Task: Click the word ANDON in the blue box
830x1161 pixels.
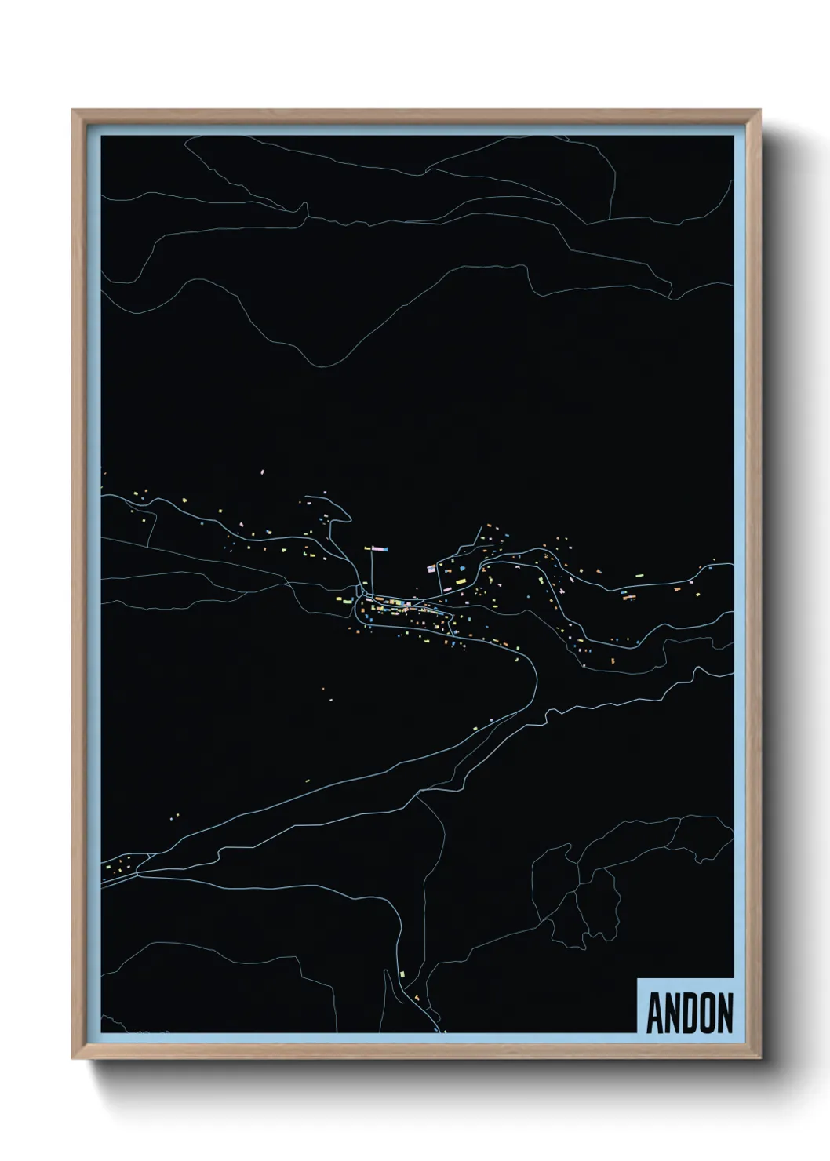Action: pos(690,1014)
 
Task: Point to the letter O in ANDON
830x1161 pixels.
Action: pos(707,1014)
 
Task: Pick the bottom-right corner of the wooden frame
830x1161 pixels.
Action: pos(760,1058)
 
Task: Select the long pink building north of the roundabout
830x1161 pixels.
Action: pos(380,548)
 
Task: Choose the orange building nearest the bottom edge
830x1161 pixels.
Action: pos(417,996)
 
